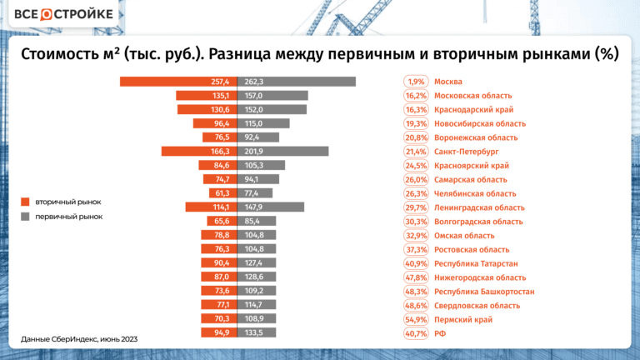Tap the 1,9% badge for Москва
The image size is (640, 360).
416,82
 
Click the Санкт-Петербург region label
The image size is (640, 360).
466,152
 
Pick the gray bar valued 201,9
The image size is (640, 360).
283,152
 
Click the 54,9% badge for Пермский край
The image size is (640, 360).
416,319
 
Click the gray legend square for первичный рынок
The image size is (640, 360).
26,217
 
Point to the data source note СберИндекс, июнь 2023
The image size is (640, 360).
79,339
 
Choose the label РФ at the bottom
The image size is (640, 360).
441,333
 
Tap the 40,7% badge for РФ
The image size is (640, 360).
416,333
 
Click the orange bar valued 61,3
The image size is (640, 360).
226,193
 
